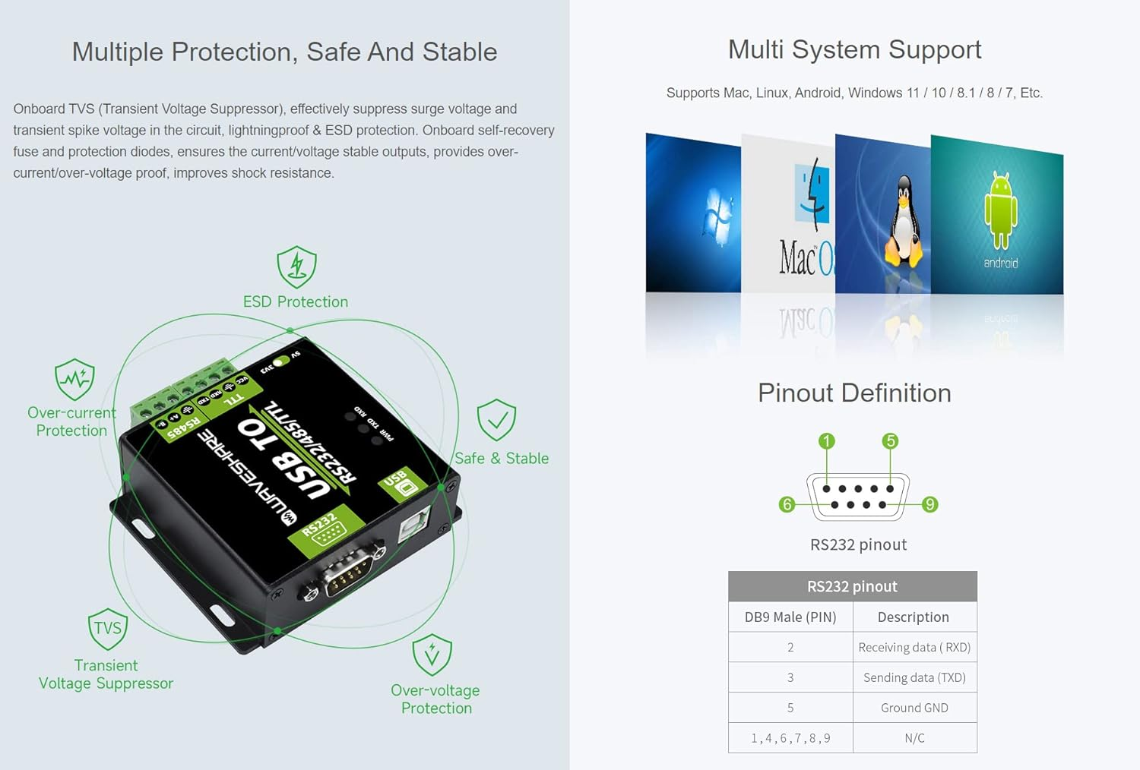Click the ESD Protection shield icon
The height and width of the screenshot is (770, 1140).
point(296,267)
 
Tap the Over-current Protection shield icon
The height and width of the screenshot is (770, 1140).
point(74,379)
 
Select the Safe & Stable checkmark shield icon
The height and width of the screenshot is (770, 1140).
point(496,420)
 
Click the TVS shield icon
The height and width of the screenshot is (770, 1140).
point(107,628)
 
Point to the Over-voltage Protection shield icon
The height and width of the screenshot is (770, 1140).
point(432,655)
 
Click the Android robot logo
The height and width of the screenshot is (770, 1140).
point(1000,210)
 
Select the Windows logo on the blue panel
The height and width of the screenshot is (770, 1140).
point(717,217)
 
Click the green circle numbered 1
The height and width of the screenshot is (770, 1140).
point(826,441)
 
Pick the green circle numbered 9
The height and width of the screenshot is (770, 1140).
point(929,504)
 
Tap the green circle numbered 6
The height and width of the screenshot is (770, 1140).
point(787,504)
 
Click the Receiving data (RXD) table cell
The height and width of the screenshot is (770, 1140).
point(914,647)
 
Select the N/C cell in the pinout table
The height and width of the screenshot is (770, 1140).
point(914,738)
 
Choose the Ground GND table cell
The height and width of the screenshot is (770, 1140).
point(914,708)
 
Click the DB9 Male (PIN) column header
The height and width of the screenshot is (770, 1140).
point(790,617)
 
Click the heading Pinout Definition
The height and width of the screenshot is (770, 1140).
point(854,393)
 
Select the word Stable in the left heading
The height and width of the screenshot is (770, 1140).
point(459,52)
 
